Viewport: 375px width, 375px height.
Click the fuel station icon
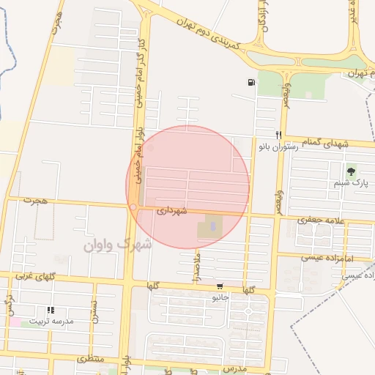point(252,83)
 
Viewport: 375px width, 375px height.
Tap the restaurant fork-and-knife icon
point(278,135)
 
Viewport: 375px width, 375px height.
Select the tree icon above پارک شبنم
point(351,172)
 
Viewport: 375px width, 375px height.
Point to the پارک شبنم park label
point(351,183)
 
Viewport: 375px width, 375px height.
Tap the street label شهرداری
point(171,210)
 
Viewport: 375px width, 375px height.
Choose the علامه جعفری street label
point(320,219)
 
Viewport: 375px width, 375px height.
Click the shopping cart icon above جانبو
point(220,286)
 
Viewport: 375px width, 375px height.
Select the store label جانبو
point(220,297)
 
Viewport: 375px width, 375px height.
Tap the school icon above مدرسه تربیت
point(50,311)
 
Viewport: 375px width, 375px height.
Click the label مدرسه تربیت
point(50,322)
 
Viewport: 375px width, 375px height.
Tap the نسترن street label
point(93,312)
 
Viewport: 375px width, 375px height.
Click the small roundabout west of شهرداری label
point(133,207)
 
